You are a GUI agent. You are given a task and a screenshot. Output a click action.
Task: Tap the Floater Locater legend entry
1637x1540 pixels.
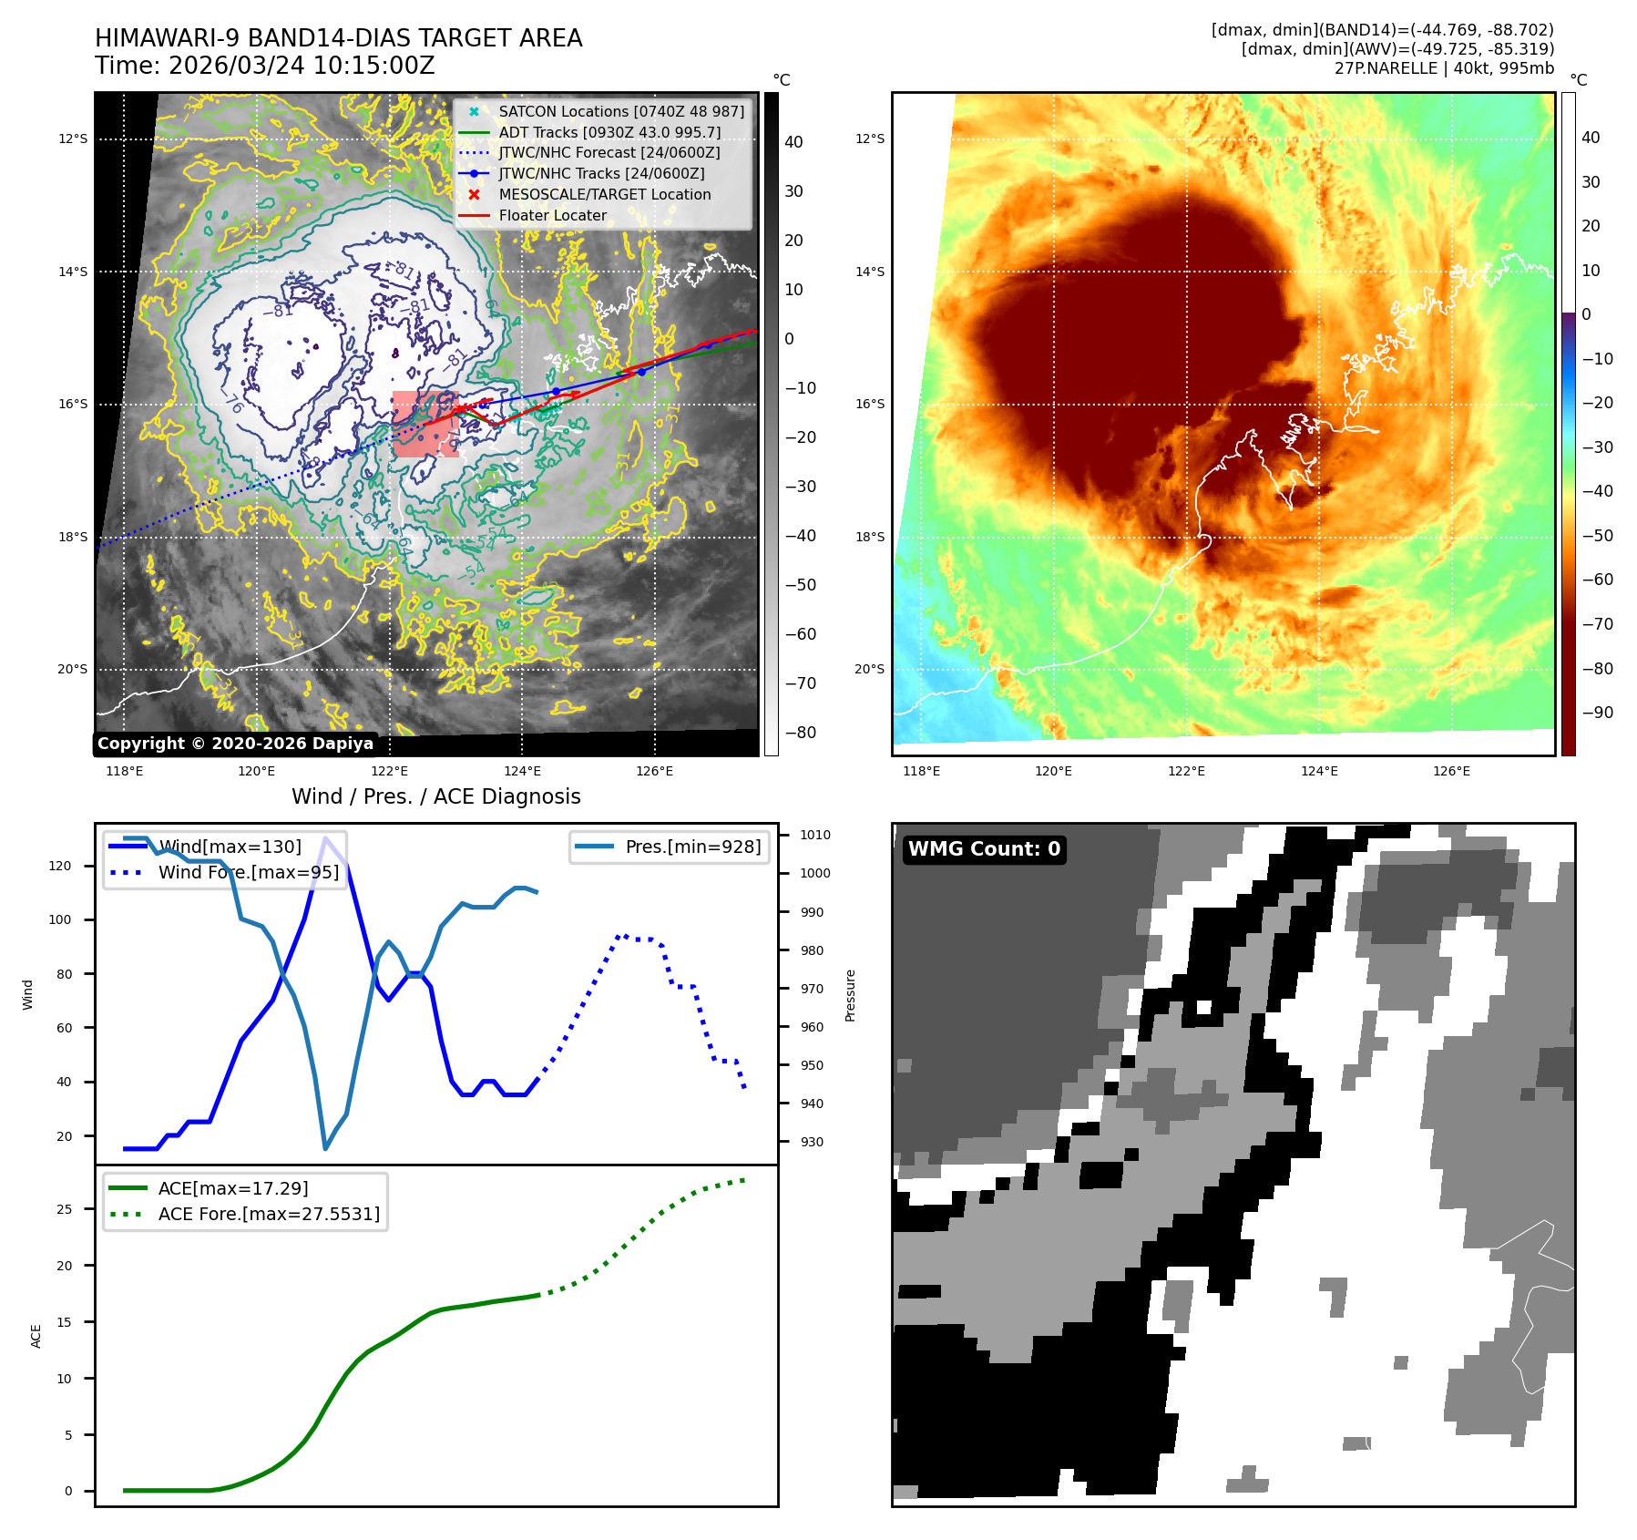pos(552,215)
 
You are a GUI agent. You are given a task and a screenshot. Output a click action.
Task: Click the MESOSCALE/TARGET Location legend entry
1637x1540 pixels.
pos(604,194)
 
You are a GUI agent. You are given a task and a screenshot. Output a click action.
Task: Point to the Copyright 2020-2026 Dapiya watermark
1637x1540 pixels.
pos(235,744)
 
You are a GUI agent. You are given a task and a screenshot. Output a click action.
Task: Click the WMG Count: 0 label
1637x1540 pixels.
pos(984,849)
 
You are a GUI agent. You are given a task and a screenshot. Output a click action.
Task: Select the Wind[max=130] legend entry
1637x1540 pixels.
pos(229,847)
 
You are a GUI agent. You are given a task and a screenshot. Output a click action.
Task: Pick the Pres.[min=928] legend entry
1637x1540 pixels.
pos(692,847)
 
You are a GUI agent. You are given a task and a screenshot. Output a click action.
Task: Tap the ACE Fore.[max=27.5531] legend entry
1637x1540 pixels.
pos(268,1214)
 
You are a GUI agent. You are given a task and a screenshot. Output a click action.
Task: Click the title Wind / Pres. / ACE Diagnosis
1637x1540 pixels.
pos(435,796)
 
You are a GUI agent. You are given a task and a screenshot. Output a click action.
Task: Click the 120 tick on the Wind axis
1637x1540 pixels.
pos(60,866)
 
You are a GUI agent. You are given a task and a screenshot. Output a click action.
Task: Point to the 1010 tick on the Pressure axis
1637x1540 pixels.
pos(814,835)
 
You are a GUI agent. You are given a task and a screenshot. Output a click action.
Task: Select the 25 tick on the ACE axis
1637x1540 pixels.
pos(64,1209)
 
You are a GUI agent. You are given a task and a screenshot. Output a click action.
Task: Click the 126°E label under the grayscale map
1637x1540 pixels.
pos(654,772)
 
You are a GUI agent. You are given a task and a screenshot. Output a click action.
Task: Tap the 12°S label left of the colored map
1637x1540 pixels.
pos(869,139)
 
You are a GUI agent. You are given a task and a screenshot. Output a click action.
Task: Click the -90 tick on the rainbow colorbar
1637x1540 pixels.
pos(1597,713)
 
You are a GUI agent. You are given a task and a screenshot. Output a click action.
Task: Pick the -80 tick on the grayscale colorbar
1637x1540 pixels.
pos(801,733)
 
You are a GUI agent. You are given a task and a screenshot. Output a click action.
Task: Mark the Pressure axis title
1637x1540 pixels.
pos(850,995)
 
